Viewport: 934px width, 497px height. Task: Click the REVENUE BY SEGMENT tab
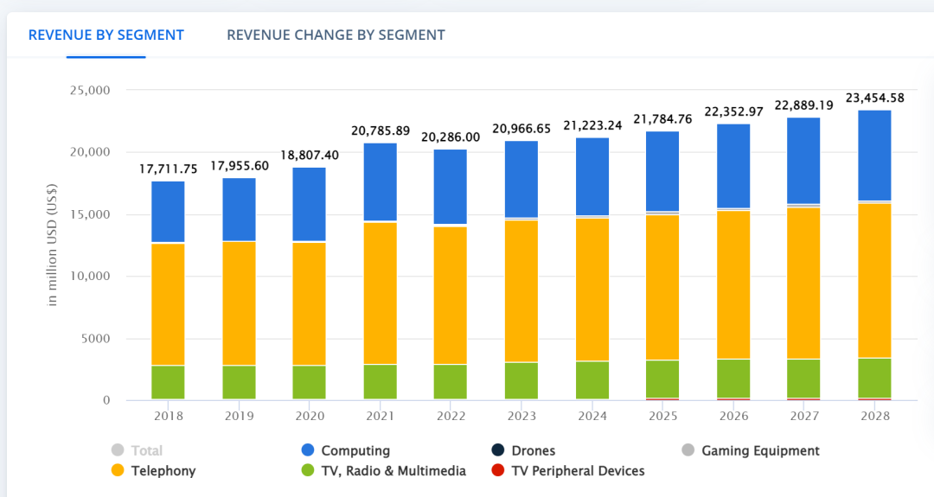pos(106,35)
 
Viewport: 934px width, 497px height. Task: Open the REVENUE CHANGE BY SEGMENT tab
pos(336,35)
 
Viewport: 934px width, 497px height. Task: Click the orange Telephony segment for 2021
pos(381,293)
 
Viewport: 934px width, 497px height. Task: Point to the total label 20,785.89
pos(381,131)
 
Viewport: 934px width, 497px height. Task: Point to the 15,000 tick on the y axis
pos(93,214)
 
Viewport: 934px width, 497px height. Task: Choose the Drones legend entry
pos(533,450)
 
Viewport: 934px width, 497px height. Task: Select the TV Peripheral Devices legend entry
pos(578,471)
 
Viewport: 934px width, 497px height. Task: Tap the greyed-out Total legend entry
pos(146,450)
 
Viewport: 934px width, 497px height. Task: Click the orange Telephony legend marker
pos(118,471)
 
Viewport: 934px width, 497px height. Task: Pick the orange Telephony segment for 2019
pos(239,303)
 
